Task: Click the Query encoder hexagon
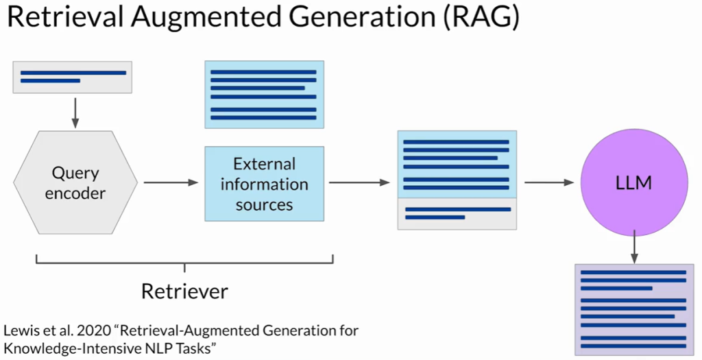75,182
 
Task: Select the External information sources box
264,183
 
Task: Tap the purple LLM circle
633,183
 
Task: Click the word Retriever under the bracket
184,291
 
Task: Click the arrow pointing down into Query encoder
75,112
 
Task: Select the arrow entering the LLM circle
548,182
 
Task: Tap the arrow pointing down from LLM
634,247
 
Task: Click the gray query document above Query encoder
73,77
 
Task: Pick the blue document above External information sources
264,95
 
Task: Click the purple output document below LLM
633,309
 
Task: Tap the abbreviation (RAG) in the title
477,18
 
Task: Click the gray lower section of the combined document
457,213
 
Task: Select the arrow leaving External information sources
359,182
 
